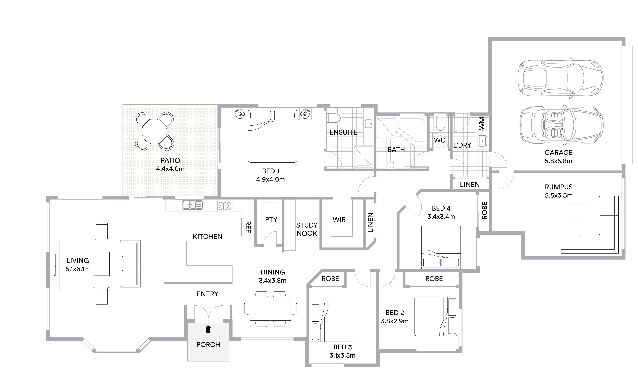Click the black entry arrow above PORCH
(208, 329)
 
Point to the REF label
(248, 227)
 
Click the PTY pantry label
(271, 220)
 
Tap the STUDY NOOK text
(307, 229)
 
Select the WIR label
(339, 220)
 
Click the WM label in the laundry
(482, 124)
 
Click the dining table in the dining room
(270, 308)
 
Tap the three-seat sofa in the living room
(130, 264)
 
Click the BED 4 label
(441, 208)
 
